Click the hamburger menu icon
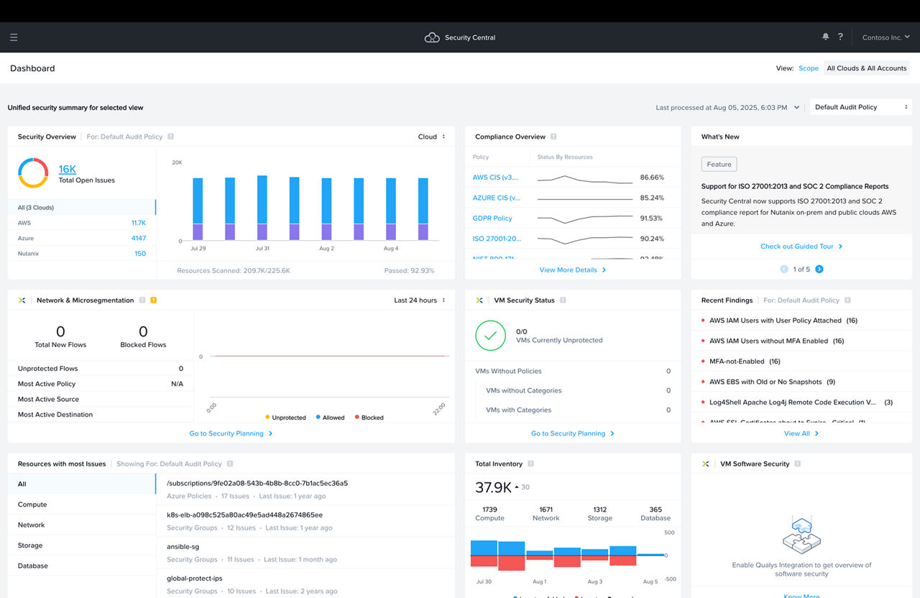pyautogui.click(x=14, y=37)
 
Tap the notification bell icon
pyautogui.click(x=825, y=37)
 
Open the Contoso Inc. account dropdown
pyautogui.click(x=885, y=37)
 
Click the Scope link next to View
pyautogui.click(x=808, y=68)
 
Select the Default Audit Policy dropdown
pyautogui.click(x=860, y=107)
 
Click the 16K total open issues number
pyautogui.click(x=68, y=169)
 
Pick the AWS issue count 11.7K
pyautogui.click(x=138, y=223)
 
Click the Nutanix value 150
pyautogui.click(x=140, y=254)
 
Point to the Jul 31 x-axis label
pyautogui.click(x=262, y=249)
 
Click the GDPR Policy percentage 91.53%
pyautogui.click(x=651, y=218)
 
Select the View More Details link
pyautogui.click(x=572, y=270)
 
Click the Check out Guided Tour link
pyautogui.click(x=801, y=247)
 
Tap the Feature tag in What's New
pyautogui.click(x=719, y=165)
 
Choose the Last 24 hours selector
pyautogui.click(x=419, y=300)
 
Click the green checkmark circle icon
pyautogui.click(x=490, y=336)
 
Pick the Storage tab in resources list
pyautogui.click(x=30, y=546)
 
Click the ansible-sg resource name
pyautogui.click(x=183, y=547)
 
